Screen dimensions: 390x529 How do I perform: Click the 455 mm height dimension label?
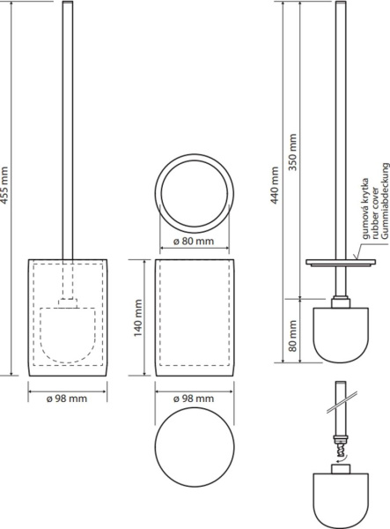[x=4, y=185]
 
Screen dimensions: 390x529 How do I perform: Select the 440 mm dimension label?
[x=275, y=185]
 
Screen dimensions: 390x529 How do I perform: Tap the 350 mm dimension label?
[x=292, y=152]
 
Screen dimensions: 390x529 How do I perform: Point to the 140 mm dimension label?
[x=138, y=318]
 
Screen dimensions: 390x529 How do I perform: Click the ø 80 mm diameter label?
[x=194, y=242]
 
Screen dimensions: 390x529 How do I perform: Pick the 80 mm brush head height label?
[x=293, y=336]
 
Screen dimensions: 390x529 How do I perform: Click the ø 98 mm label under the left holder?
[x=67, y=399]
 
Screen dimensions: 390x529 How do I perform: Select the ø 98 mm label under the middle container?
[x=194, y=399]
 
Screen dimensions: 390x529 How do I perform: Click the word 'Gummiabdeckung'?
[x=385, y=201]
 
